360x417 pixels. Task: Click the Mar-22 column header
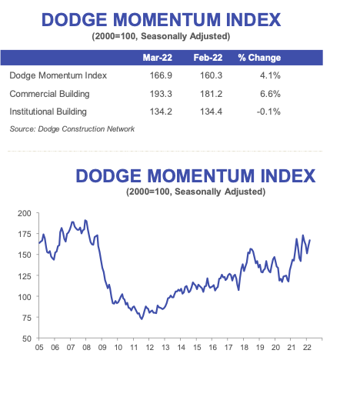156,58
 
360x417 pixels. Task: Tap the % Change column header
259,58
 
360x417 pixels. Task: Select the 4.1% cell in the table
271,76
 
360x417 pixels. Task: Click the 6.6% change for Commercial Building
271,93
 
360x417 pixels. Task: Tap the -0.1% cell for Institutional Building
269,111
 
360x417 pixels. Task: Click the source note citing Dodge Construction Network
72,128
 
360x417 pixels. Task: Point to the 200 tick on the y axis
24,213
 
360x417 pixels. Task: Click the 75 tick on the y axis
25,317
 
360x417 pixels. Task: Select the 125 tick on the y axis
24,275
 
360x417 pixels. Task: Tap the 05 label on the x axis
39,348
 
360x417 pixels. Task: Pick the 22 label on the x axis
307,348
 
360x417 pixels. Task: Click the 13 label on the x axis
165,348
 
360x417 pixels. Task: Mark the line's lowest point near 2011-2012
141,318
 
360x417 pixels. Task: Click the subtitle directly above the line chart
195,191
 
